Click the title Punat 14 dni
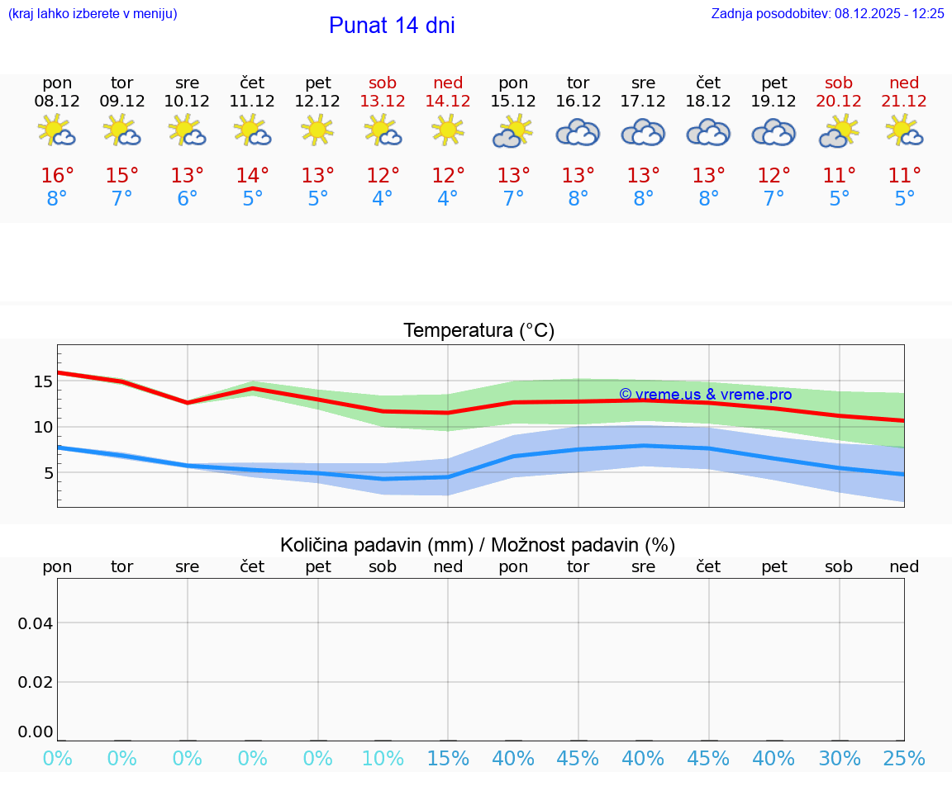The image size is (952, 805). pyautogui.click(x=392, y=26)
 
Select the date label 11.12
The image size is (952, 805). pyautogui.click(x=252, y=101)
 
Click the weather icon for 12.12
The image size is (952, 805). pyautogui.click(x=317, y=130)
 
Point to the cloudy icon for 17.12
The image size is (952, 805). pyautogui.click(x=643, y=132)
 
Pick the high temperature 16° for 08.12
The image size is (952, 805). pyautogui.click(x=57, y=175)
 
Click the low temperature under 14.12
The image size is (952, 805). pyautogui.click(x=447, y=198)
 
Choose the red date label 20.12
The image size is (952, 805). pyautogui.click(x=839, y=101)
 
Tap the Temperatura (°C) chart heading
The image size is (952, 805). pyautogui.click(x=478, y=330)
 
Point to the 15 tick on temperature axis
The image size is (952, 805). pyautogui.click(x=43, y=381)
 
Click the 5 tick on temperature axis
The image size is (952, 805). pyautogui.click(x=48, y=473)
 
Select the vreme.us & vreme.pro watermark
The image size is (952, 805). pyautogui.click(x=705, y=395)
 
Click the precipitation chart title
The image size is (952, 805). pyautogui.click(x=478, y=545)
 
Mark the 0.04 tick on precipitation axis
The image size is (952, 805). pyautogui.click(x=36, y=623)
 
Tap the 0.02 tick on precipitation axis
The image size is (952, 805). pyautogui.click(x=36, y=681)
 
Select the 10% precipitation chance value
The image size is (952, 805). pyautogui.click(x=383, y=758)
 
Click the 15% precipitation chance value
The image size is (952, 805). pyautogui.click(x=447, y=758)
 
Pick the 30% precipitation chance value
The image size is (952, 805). pyautogui.click(x=839, y=758)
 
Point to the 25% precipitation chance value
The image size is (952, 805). pyautogui.click(x=904, y=758)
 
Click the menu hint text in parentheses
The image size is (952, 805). pyautogui.click(x=93, y=13)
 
